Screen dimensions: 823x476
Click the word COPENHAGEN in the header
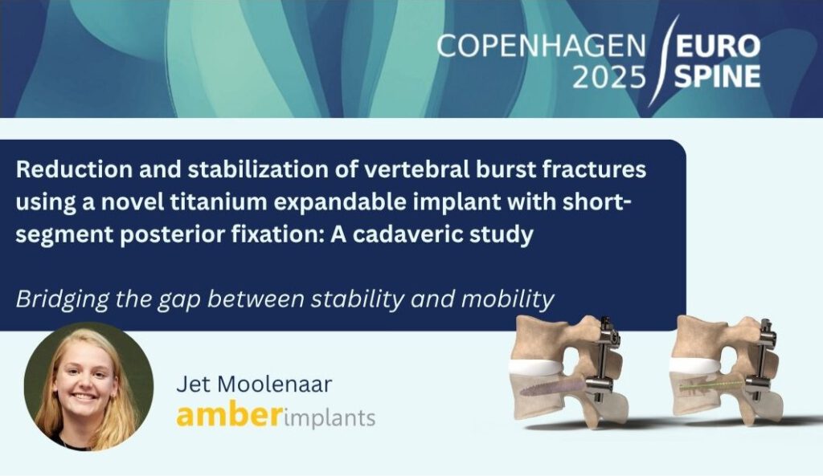[x=541, y=47]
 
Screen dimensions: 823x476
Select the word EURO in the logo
[x=718, y=47]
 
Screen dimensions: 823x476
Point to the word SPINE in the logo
[x=718, y=77]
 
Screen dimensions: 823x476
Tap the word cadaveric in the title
[x=405, y=234]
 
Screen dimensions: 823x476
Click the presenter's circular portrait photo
[x=88, y=386]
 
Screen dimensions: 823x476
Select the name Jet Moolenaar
[x=254, y=384]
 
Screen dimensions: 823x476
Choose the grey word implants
[x=329, y=418]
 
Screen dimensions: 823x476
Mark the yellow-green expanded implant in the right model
[x=712, y=387]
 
